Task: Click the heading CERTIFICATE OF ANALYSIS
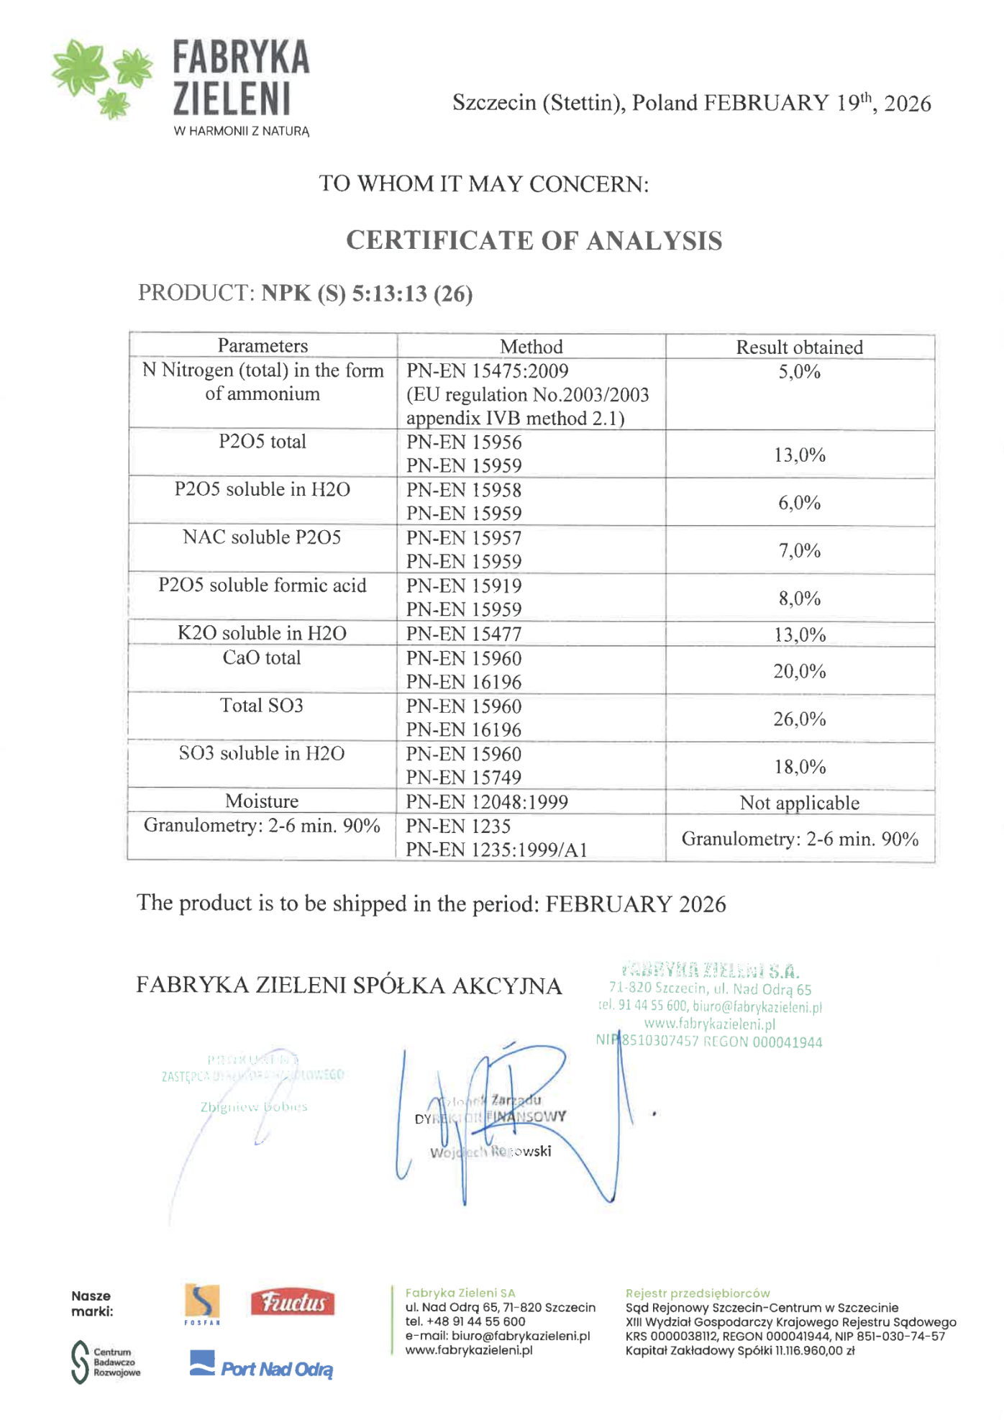point(534,241)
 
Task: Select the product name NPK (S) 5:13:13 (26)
point(367,293)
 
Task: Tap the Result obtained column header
point(799,347)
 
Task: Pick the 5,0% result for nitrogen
point(799,372)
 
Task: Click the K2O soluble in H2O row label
point(262,633)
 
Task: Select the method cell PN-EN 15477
point(464,634)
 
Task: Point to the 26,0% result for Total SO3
point(799,719)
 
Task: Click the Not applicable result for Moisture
point(799,803)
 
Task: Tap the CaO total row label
point(262,657)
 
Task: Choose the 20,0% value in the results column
point(799,671)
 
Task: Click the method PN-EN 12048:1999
point(487,802)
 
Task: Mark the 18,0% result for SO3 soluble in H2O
point(799,767)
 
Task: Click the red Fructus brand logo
point(292,1302)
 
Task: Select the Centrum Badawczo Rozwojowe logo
point(106,1362)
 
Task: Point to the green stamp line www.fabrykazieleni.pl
point(709,1024)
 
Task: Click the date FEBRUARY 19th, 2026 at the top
point(817,103)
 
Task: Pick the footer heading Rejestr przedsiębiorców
point(697,1293)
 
